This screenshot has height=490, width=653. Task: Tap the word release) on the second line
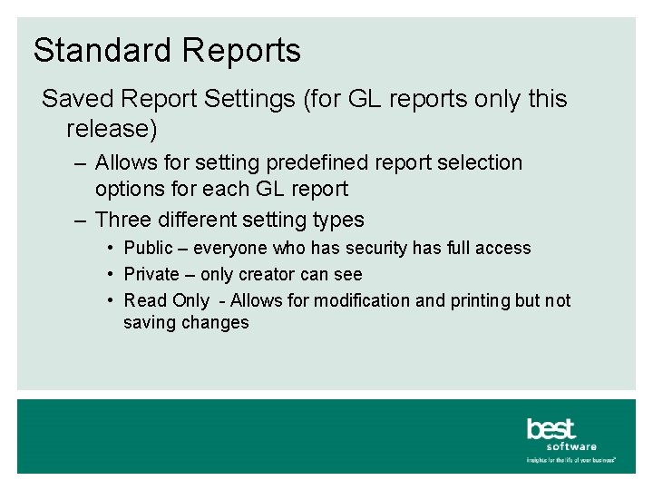click(112, 129)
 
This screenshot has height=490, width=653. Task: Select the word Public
click(148, 249)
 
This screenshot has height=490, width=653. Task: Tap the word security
click(378, 249)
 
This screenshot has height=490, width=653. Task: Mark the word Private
click(151, 274)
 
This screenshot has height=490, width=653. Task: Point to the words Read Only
click(166, 300)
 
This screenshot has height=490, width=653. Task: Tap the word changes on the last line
click(217, 323)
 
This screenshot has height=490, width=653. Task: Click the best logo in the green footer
click(551, 428)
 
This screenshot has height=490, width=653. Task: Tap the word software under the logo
click(571, 446)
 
